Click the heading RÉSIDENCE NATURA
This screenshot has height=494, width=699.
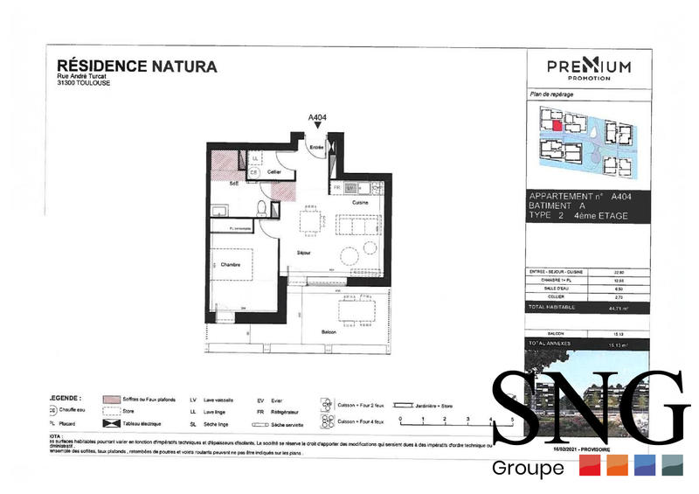[x=136, y=66]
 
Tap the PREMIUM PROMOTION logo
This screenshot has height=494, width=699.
[x=588, y=67]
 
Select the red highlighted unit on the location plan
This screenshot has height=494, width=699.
[x=556, y=124]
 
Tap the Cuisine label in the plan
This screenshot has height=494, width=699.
[x=360, y=202]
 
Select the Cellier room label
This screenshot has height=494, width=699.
[x=273, y=173]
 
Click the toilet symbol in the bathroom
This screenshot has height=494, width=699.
[x=262, y=208]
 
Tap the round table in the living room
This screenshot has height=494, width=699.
[x=348, y=256]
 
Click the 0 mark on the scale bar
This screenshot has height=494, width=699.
[x=401, y=421]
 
